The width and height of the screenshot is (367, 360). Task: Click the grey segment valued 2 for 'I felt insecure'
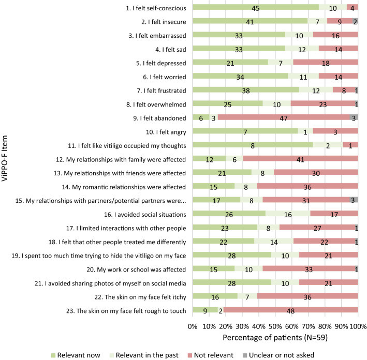point(355,21)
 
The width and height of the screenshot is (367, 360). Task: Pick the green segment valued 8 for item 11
point(252,145)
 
